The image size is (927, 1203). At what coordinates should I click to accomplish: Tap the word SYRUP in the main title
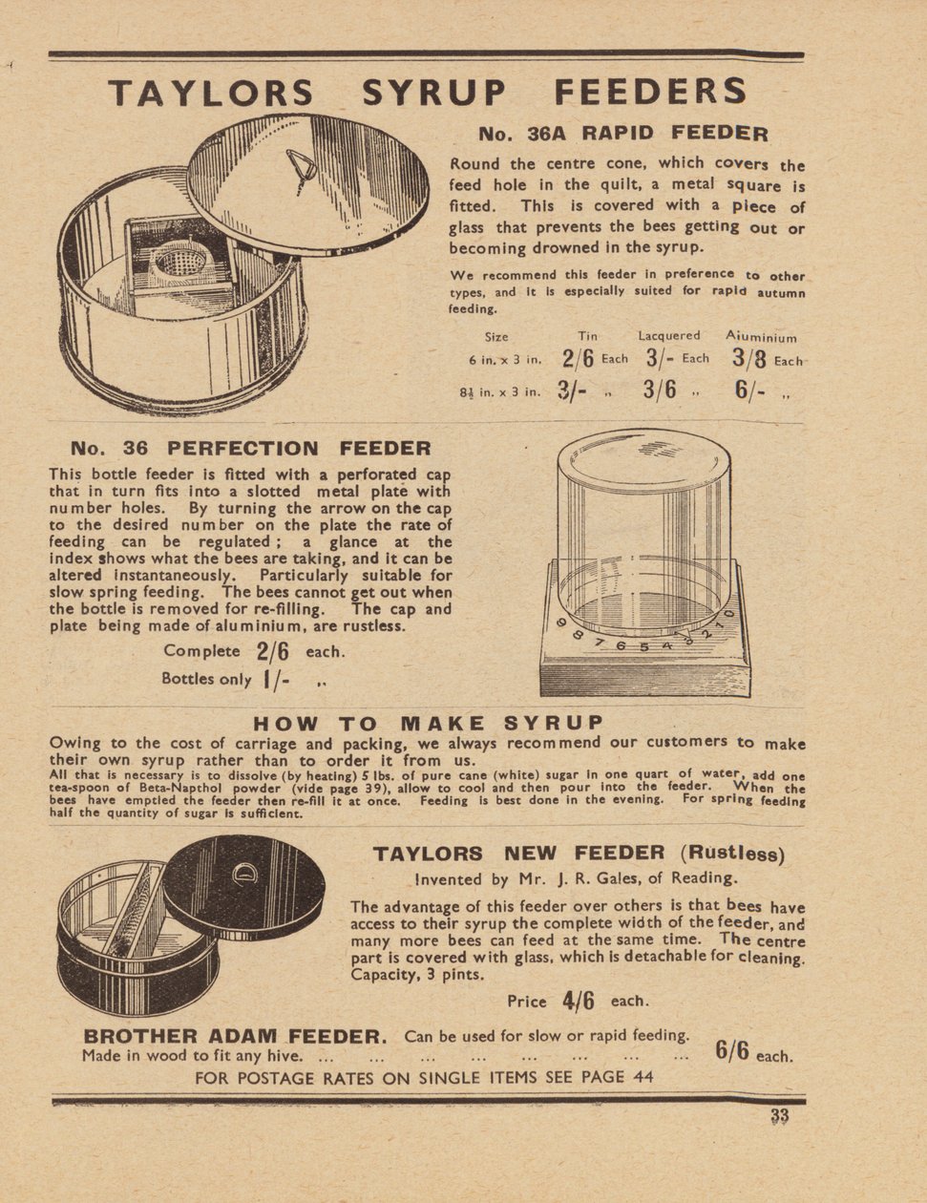pyautogui.click(x=433, y=93)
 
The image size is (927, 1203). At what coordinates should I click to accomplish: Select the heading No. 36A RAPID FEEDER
pyautogui.click(x=622, y=134)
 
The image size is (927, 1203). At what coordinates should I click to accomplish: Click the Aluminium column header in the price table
pyautogui.click(x=761, y=336)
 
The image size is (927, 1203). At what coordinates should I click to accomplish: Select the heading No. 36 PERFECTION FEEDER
pyautogui.click(x=250, y=449)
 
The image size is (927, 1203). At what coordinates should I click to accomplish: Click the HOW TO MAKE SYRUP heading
pyautogui.click(x=428, y=723)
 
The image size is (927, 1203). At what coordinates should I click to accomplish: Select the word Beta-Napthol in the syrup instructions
pyautogui.click(x=151, y=790)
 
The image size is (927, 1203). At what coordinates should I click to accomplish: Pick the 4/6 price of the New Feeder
pyautogui.click(x=579, y=1001)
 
